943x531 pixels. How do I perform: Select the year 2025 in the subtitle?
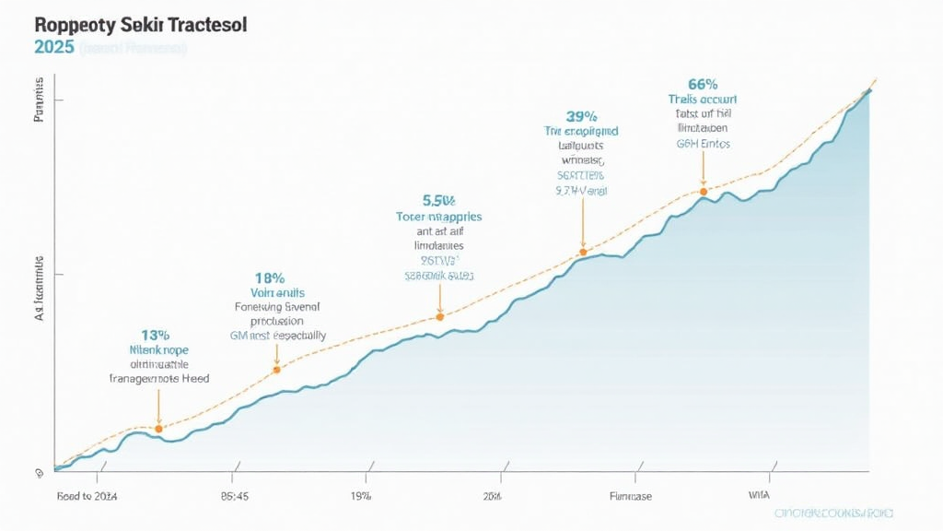pos(53,48)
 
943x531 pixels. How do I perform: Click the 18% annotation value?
pos(268,277)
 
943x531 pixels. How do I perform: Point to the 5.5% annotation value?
pos(439,200)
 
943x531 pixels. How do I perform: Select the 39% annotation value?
pos(581,116)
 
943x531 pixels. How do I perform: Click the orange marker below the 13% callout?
pos(158,429)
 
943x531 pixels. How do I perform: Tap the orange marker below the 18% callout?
pos(276,370)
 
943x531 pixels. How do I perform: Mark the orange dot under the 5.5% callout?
pos(440,316)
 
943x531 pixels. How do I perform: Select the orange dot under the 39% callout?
pos(582,252)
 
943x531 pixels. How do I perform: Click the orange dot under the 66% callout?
pos(704,192)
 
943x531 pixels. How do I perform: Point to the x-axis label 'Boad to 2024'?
pos(87,496)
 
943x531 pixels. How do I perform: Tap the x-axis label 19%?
pos(360,496)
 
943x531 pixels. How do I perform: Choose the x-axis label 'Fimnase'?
pos(630,496)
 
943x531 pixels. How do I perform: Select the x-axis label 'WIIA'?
pos(760,496)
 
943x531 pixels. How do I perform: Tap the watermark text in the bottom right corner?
pos(832,513)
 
